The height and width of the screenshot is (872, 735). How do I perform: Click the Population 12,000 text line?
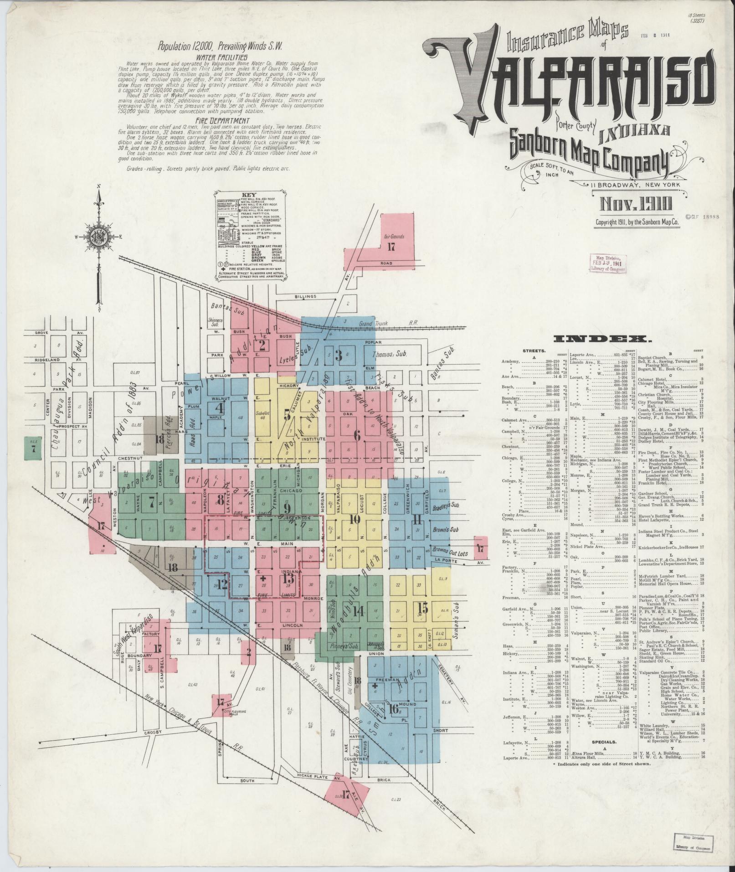pos(220,46)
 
